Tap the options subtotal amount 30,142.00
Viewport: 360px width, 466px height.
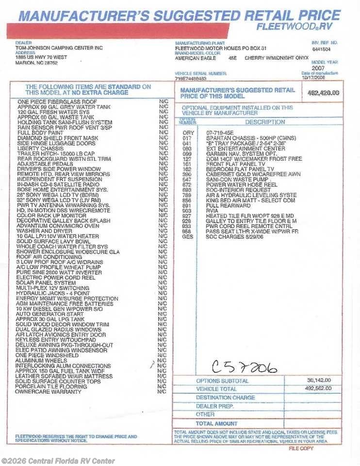click(x=319, y=380)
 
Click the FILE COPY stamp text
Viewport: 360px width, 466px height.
click(x=301, y=448)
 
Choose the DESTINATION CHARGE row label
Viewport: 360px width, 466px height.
click(x=225, y=398)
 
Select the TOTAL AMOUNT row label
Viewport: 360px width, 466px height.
click(x=217, y=424)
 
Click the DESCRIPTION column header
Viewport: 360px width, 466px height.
click(x=265, y=122)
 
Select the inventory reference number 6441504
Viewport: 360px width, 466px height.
click(x=321, y=49)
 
